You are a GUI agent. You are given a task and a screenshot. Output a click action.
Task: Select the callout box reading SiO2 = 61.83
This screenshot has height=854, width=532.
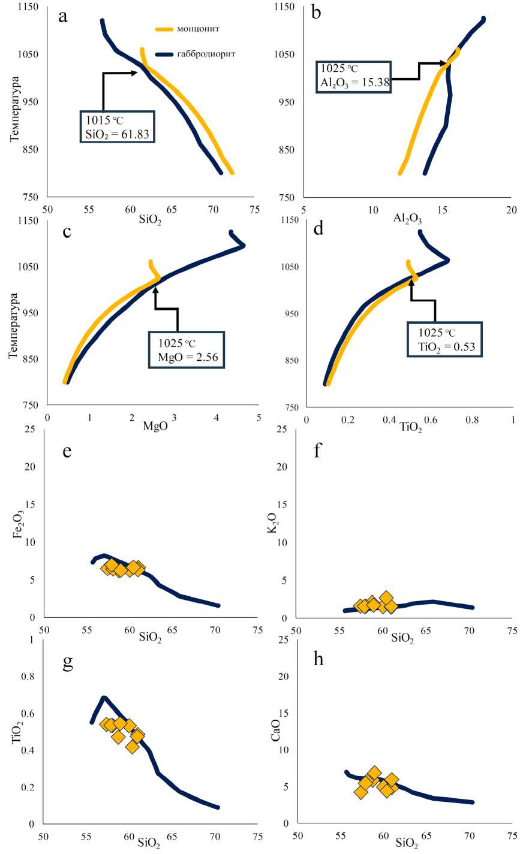pyautogui.click(x=118, y=126)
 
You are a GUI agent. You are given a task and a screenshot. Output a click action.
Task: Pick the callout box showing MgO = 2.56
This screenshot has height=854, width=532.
pyautogui.click(x=187, y=349)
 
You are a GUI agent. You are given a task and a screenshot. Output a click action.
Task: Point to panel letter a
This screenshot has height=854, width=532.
pyautogui.click(x=62, y=16)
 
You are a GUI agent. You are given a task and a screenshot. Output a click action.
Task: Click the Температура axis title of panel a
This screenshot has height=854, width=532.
pyautogui.click(x=15, y=108)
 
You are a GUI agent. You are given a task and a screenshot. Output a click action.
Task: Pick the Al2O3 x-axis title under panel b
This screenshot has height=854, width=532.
pyautogui.click(x=407, y=219)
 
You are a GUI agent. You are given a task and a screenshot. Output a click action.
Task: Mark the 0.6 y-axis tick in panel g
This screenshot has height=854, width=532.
pyautogui.click(x=27, y=713)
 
